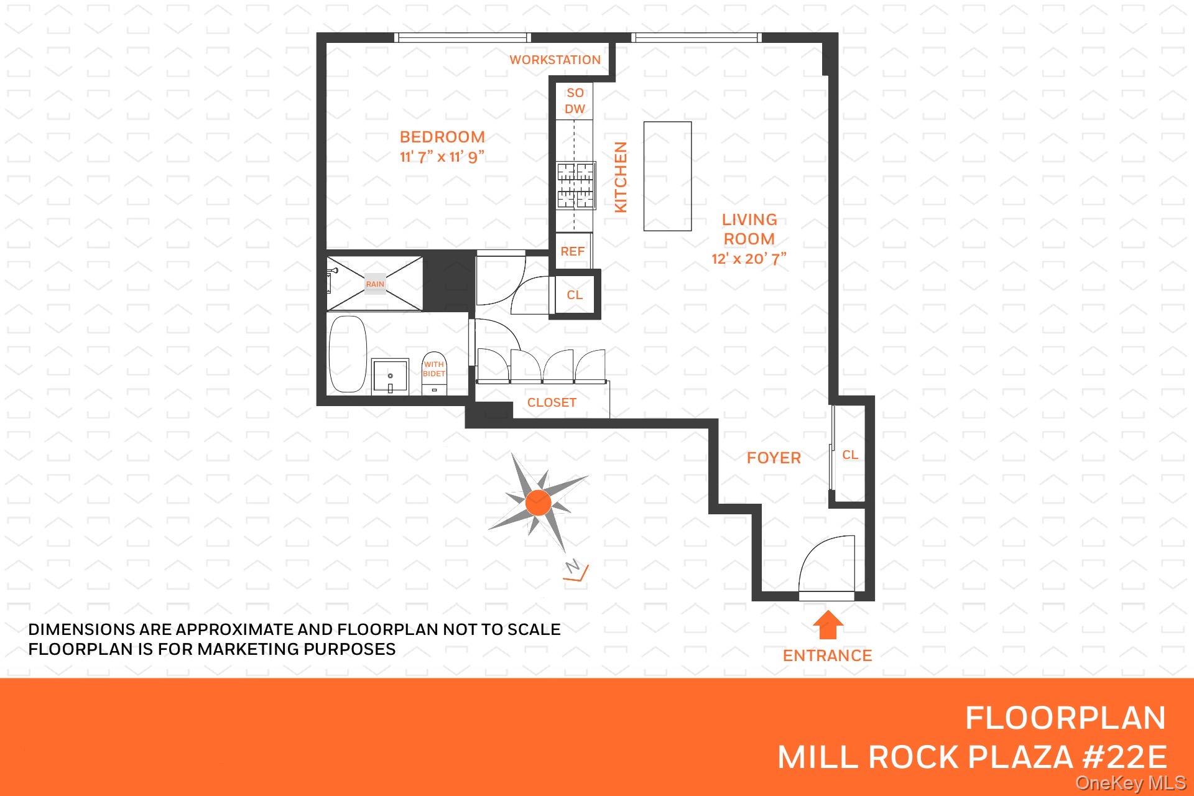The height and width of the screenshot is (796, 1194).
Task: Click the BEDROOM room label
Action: click(442, 137)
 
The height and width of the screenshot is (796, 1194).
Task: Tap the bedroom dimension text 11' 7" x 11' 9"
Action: click(442, 157)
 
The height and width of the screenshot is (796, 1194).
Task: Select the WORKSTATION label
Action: click(555, 60)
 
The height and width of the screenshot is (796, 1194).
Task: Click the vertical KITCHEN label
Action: click(621, 177)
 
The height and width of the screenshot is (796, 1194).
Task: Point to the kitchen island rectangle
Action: click(667, 176)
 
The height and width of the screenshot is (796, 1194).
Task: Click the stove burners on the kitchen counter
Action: click(575, 185)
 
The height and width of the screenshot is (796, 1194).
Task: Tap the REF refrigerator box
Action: click(573, 251)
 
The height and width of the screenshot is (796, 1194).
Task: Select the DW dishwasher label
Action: click(575, 109)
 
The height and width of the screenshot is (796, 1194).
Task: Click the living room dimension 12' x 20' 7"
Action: click(749, 259)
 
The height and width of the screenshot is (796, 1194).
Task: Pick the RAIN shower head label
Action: click(375, 284)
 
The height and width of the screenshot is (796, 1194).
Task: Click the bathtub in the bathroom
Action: click(348, 354)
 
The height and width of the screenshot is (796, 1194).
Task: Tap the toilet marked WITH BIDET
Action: click(434, 376)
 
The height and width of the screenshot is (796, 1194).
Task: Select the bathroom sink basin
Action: click(390, 376)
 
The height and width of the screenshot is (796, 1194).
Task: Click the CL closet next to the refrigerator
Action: click(575, 295)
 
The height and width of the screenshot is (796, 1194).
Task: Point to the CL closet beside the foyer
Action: click(850, 455)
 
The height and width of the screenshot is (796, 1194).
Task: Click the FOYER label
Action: click(774, 458)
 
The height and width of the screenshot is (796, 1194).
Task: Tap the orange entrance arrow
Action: click(828, 625)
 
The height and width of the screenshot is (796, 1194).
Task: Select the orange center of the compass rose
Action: click(538, 502)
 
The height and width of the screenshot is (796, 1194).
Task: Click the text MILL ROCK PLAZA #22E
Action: click(971, 757)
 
